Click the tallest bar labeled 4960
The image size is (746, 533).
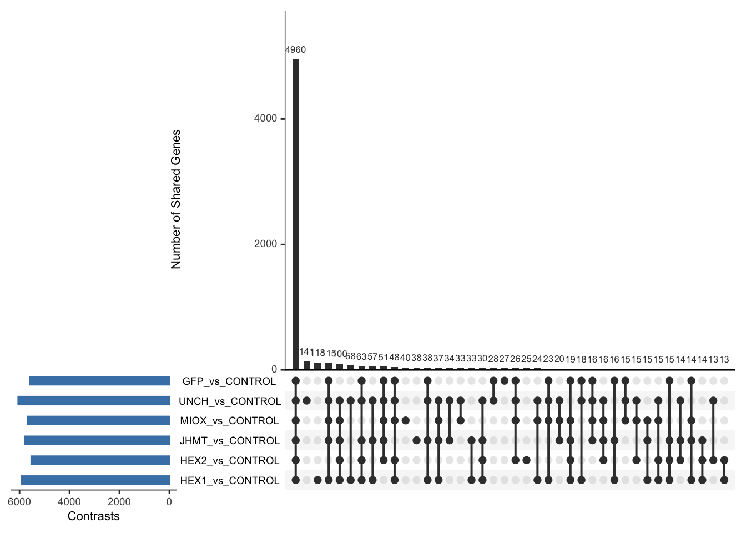click(x=296, y=214)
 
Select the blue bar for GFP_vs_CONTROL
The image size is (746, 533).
click(x=100, y=381)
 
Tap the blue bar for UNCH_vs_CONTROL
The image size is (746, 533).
click(x=94, y=401)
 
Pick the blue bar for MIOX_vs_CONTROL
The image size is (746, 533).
click(x=98, y=420)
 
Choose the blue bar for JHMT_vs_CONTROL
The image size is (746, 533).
click(x=97, y=440)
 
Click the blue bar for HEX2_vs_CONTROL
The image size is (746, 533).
click(x=100, y=460)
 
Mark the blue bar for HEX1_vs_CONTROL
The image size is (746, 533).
click(x=95, y=480)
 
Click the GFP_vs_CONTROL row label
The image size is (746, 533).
click(x=229, y=381)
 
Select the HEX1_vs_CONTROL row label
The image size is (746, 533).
click(x=229, y=481)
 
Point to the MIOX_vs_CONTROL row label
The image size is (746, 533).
click(x=229, y=421)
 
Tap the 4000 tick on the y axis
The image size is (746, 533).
click(x=265, y=119)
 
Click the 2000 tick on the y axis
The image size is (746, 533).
click(x=265, y=244)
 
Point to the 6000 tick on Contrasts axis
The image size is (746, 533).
click(x=19, y=502)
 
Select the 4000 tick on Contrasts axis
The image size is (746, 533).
click(x=69, y=502)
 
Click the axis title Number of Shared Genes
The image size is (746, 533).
click(x=176, y=199)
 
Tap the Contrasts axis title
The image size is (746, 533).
click(x=93, y=516)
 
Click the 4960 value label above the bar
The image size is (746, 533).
click(x=295, y=50)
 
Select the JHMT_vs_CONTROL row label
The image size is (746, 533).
click(x=229, y=441)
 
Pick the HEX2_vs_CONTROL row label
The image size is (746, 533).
click(x=229, y=461)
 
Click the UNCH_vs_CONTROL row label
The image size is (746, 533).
click(x=229, y=401)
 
